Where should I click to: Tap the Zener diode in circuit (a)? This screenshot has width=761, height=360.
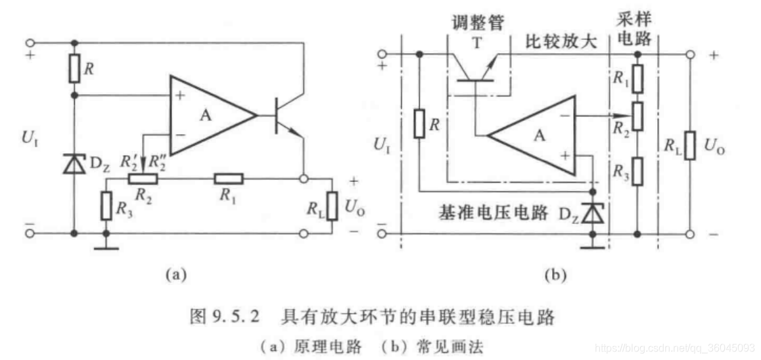pos(74,164)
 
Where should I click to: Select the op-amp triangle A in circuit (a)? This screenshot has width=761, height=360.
pos(209,115)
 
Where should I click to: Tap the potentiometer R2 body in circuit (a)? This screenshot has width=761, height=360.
pos(143,178)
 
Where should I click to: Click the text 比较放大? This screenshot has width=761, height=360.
pos(561,43)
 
